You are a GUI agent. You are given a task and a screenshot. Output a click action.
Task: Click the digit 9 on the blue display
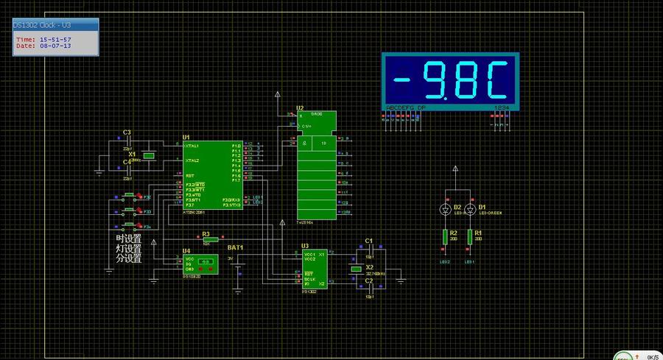(436, 80)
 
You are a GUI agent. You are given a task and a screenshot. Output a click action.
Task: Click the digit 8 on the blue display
(466, 80)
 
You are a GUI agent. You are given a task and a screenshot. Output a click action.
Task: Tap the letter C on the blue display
(497, 80)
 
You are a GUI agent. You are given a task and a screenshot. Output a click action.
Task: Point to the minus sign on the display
(404, 80)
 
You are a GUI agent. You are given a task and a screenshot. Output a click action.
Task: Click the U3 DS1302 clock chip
(315, 269)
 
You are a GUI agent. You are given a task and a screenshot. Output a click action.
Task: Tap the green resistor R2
(445, 236)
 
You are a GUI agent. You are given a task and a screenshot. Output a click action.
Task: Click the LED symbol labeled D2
(445, 209)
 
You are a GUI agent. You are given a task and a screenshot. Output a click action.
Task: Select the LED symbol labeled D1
(469, 209)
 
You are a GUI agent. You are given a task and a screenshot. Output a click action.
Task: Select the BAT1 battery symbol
(239, 269)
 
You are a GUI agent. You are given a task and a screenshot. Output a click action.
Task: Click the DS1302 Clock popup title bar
(55, 26)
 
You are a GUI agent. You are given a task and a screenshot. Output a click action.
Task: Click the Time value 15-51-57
(55, 39)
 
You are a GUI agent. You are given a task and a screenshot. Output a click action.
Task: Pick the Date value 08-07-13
(55, 46)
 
